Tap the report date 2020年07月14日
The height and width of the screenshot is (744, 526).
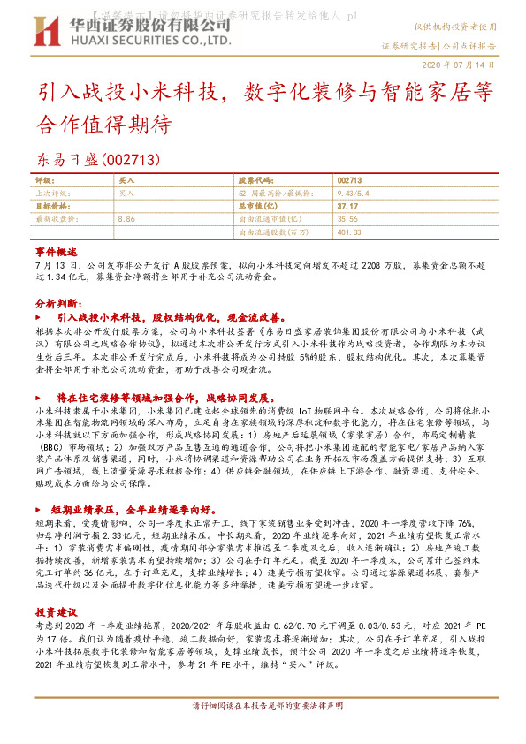coord(463,66)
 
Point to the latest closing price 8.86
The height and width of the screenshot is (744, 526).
coord(126,217)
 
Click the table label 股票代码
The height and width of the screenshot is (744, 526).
coord(257,179)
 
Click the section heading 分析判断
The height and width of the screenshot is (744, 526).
coord(57,302)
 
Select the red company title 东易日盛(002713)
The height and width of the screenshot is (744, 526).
coord(98,159)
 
